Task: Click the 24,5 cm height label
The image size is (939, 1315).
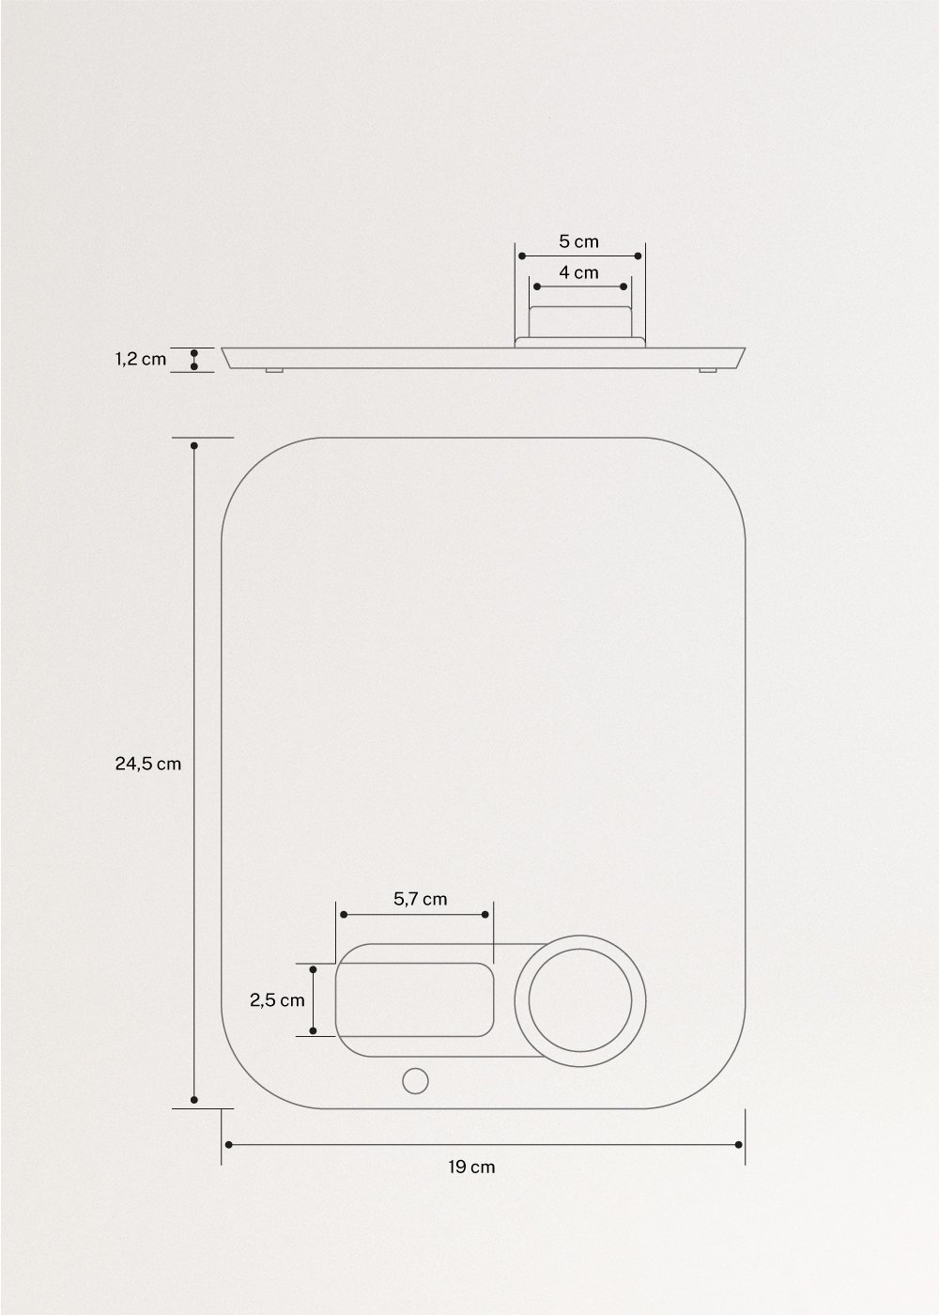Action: point(147,764)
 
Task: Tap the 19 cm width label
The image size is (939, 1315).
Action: point(471,1168)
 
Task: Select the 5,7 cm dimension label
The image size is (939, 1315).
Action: point(420,899)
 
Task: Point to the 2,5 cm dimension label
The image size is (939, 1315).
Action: point(277,1000)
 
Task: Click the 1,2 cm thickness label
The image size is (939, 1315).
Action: point(141,359)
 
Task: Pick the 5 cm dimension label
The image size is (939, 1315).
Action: point(578,241)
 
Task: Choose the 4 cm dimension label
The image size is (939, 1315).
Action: point(578,273)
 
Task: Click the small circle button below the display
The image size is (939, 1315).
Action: point(414,1081)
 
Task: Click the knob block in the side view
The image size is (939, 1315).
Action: point(579,321)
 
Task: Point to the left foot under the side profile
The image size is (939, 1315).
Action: point(273,371)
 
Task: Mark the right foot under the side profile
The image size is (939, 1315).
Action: point(706,371)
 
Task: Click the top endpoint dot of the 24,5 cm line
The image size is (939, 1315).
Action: point(194,445)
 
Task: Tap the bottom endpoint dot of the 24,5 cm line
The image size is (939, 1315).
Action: point(194,1100)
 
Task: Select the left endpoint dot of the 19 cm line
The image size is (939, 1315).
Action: point(228,1144)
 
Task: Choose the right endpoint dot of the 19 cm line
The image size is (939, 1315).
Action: point(739,1144)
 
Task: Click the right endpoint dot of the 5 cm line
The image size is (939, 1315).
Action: point(639,255)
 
